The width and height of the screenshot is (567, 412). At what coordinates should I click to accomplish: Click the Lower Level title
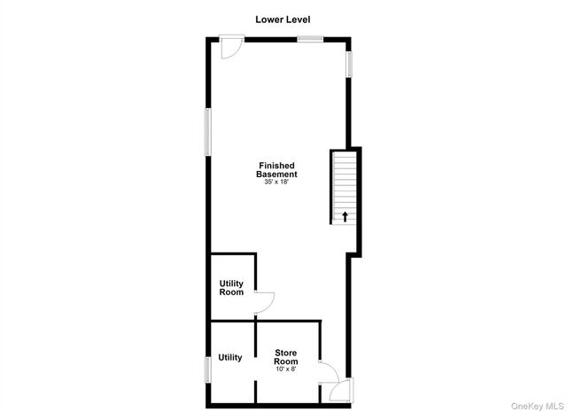tap(283, 19)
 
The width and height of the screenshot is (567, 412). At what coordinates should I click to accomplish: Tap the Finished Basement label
tap(276, 170)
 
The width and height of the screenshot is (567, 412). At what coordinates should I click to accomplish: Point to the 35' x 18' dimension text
tap(276, 183)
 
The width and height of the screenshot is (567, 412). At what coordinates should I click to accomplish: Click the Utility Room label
tap(231, 288)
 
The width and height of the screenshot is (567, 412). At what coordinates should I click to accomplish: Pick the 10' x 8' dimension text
tap(285, 369)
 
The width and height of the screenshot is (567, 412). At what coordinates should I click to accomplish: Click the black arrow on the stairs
tap(344, 215)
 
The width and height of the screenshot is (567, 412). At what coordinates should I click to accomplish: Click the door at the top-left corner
tap(231, 46)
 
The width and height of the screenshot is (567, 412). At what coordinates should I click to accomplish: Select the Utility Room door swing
tap(263, 303)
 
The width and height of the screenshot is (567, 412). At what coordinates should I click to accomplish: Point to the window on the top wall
tap(310, 39)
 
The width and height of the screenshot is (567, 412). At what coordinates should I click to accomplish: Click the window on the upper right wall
tap(349, 63)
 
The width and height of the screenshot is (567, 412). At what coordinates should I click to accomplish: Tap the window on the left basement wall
tap(209, 133)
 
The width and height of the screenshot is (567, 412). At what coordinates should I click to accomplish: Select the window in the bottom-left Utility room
tap(209, 369)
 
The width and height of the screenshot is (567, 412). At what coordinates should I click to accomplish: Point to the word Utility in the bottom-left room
tap(230, 358)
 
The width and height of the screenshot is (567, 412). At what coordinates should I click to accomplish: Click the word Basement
tap(276, 175)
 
